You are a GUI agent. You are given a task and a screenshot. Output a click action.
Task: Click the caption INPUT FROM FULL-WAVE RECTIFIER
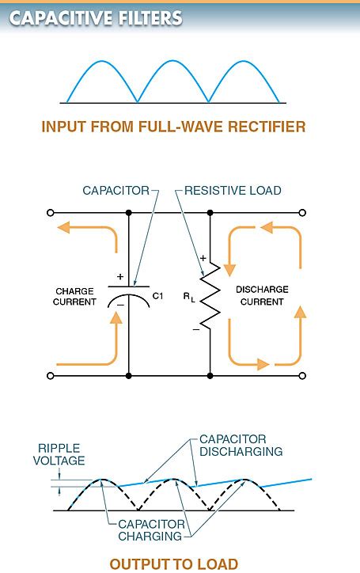tap(172, 127)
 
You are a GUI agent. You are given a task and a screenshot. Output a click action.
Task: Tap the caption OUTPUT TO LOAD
tap(173, 564)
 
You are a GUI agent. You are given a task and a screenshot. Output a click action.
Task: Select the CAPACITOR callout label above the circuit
tap(116, 191)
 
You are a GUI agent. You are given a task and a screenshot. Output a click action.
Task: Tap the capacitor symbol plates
tap(128, 294)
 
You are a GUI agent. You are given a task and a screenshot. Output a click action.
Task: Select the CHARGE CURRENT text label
tap(75, 296)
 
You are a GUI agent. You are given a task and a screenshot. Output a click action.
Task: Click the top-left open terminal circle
tap(51, 212)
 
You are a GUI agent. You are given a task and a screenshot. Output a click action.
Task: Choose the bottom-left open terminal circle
tap(51, 375)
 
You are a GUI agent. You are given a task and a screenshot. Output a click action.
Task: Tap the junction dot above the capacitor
tap(128, 212)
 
